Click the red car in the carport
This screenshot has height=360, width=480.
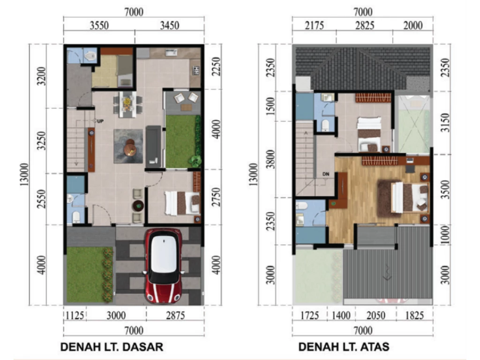click(164, 265)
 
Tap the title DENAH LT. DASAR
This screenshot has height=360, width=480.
click(112, 347)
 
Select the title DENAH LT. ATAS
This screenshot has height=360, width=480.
click(344, 347)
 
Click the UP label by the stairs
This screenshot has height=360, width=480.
click(100, 121)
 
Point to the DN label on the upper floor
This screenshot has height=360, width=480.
click(326, 174)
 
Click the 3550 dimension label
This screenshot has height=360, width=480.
click(99, 25)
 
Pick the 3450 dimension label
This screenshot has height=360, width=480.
click(169, 25)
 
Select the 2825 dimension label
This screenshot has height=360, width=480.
click(365, 25)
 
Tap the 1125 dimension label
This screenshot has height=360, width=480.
click(75, 315)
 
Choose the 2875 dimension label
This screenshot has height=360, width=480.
click(175, 315)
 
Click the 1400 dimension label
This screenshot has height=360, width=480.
click(341, 315)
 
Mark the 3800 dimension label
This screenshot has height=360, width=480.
click(270, 159)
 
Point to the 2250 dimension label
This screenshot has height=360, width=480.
click(216, 67)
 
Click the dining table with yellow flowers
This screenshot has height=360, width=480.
click(127, 104)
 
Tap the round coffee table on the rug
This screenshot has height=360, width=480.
click(130, 148)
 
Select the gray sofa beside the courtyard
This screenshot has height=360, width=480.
click(153, 146)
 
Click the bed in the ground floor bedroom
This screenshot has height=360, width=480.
click(182, 203)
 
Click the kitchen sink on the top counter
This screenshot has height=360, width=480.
click(171, 53)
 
